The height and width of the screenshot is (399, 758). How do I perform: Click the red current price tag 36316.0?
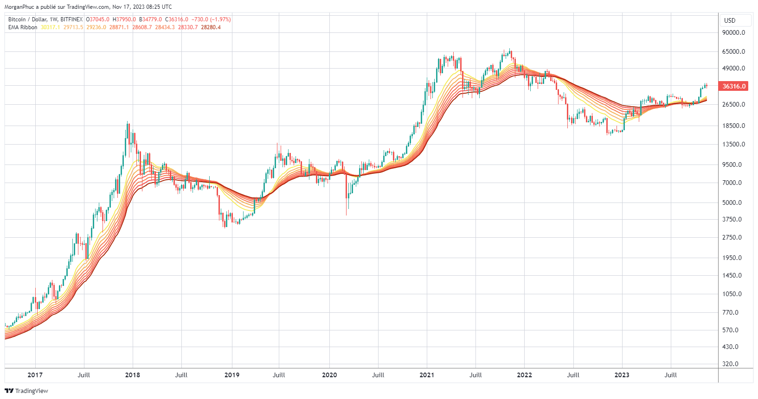coord(734,86)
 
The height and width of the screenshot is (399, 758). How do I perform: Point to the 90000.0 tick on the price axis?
coord(733,33)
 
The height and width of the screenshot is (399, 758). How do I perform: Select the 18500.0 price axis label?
coord(733,126)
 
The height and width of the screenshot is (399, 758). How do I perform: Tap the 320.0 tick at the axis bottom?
coord(731,364)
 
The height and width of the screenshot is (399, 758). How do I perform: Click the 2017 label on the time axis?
coord(35,375)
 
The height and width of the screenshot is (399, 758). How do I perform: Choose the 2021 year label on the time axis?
coord(426,375)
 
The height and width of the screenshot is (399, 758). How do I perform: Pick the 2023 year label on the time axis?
coord(622,375)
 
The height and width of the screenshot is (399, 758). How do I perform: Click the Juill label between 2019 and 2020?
coord(279,375)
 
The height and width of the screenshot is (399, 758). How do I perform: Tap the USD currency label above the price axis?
coord(730,20)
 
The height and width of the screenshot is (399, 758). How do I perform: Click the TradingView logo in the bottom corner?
coord(26,391)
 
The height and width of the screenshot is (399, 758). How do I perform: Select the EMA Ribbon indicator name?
coord(23,27)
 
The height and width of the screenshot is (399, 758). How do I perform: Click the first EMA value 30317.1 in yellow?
coord(50,27)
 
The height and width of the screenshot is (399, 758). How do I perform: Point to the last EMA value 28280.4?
coord(211,27)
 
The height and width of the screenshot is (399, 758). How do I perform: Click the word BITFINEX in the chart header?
coord(71,19)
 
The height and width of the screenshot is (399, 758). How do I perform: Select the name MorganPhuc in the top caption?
coord(19,7)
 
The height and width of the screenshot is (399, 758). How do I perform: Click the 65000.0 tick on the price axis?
coord(733,51)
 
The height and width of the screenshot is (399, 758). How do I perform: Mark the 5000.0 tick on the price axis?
coord(732,203)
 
